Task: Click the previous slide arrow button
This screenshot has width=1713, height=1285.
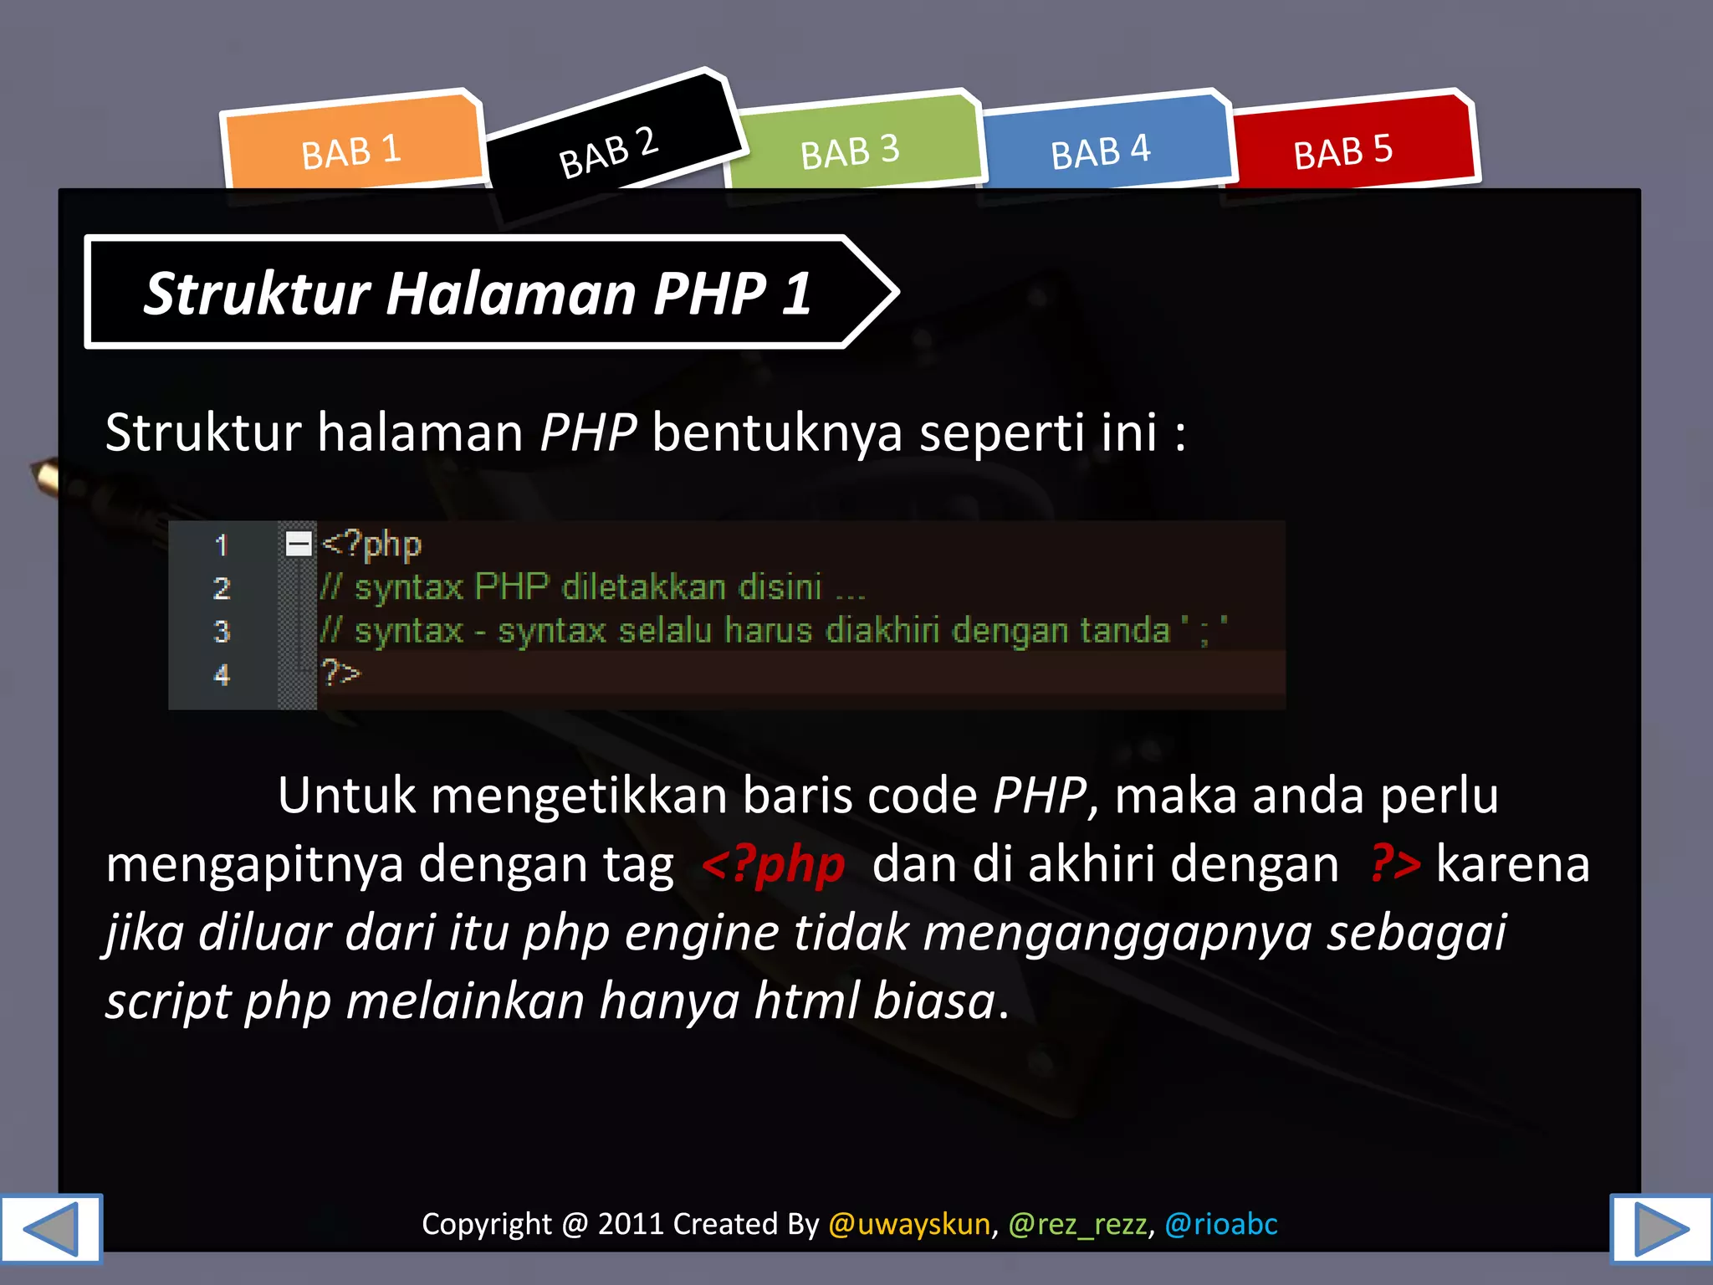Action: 50,1228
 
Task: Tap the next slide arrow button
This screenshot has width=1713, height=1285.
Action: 1661,1228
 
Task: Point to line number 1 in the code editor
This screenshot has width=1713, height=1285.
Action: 222,545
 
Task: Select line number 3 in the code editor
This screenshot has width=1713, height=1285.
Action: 222,631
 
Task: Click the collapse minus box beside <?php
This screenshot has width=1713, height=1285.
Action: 299,544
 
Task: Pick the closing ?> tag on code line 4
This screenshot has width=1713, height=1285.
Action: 341,673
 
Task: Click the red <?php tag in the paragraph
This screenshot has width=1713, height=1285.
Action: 774,864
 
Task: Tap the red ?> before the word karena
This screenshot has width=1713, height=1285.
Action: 1395,864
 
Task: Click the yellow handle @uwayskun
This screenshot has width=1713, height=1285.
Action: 909,1224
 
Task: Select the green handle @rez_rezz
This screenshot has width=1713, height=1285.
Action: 1077,1224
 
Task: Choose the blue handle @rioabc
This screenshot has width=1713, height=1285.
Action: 1221,1224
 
